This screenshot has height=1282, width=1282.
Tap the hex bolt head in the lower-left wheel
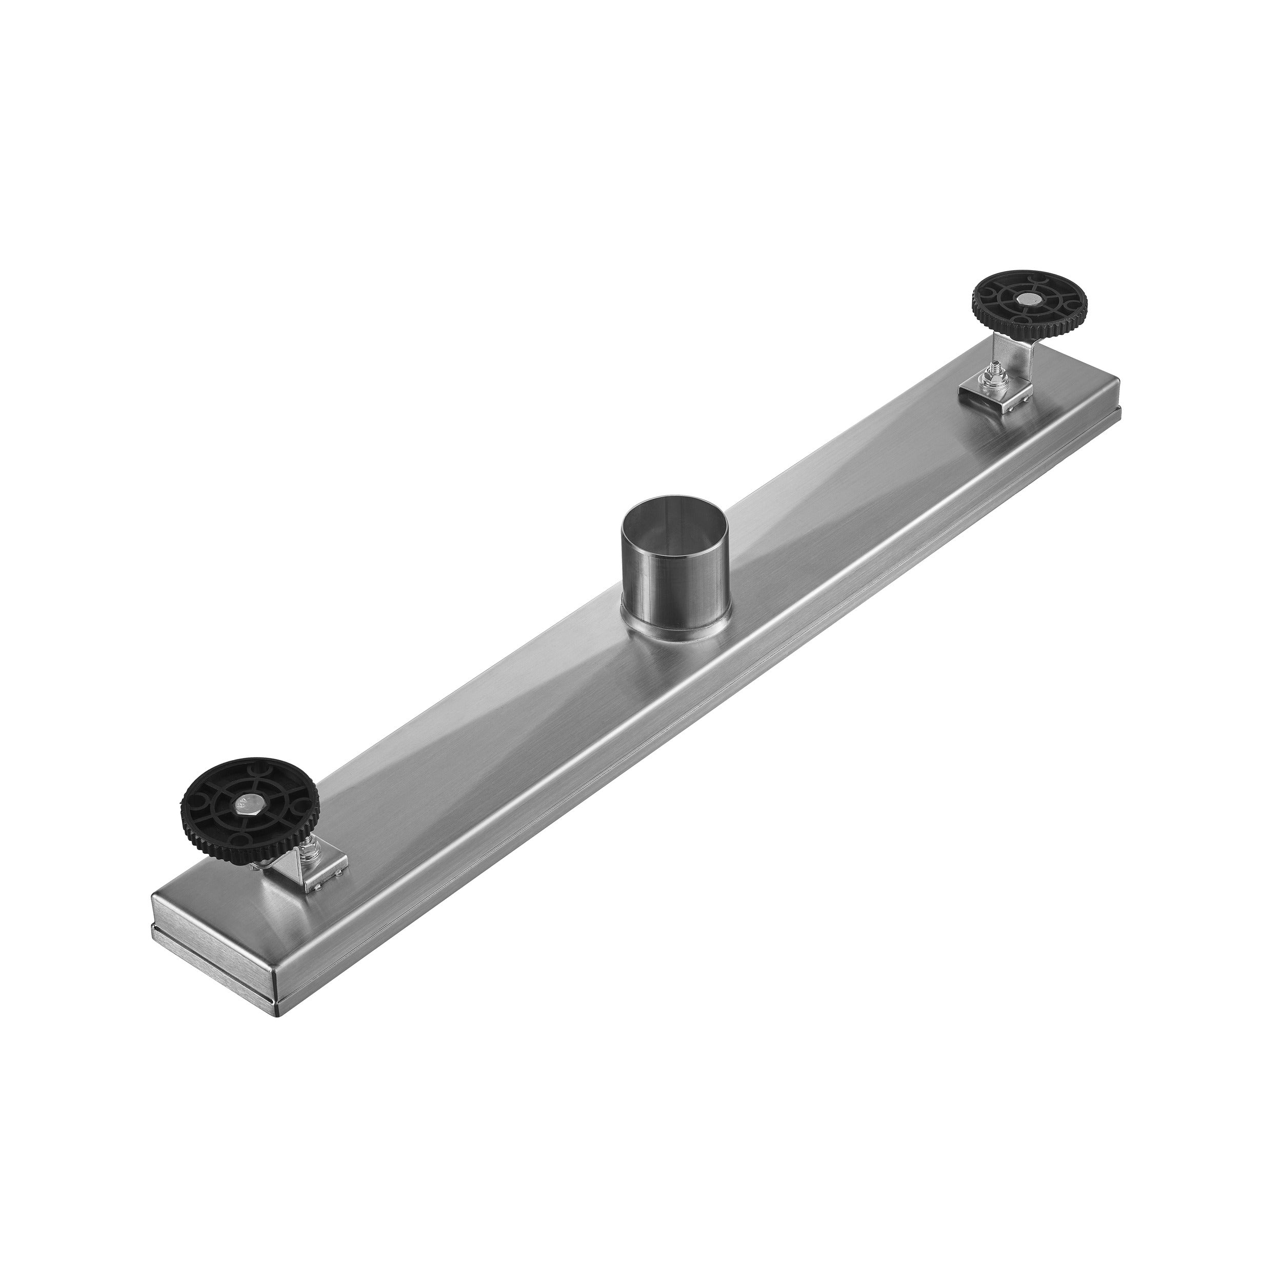click(250, 805)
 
